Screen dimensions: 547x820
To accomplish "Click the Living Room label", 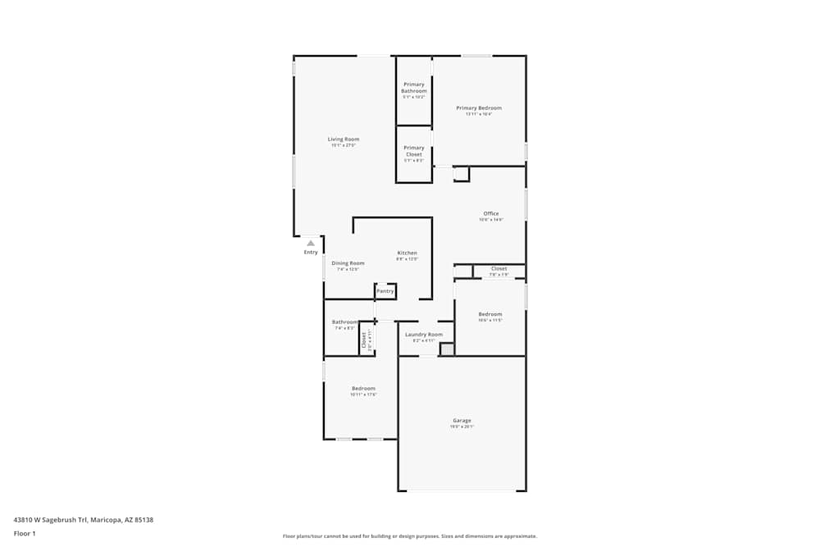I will pyautogui.click(x=344, y=139).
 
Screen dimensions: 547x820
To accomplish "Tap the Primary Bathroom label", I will pyautogui.click(x=414, y=88).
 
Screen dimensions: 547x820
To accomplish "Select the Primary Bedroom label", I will pyautogui.click(x=479, y=108).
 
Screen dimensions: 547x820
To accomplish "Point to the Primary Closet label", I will pyautogui.click(x=414, y=151).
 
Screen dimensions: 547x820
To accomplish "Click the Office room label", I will pyautogui.click(x=491, y=214).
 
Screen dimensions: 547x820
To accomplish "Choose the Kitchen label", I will pyautogui.click(x=408, y=253).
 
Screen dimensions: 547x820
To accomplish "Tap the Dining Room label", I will pyautogui.click(x=348, y=263).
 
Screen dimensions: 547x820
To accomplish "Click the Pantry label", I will pyautogui.click(x=385, y=291).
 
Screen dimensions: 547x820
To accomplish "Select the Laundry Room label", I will pyautogui.click(x=423, y=335).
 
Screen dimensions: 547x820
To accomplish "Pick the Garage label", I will pyautogui.click(x=462, y=421).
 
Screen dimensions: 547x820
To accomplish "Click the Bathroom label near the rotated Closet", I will pyautogui.click(x=344, y=322).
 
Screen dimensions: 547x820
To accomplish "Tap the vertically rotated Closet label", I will pyautogui.click(x=364, y=340).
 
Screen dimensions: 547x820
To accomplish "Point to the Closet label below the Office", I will pyautogui.click(x=499, y=269).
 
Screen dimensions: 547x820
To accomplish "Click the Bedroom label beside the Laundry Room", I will pyautogui.click(x=490, y=314).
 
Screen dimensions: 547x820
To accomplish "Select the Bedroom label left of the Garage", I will pyautogui.click(x=363, y=389).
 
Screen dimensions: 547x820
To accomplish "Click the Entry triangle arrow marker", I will pyautogui.click(x=311, y=243).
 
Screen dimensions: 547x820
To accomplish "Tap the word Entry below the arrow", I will pyautogui.click(x=311, y=253).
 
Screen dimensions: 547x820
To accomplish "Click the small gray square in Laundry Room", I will pyautogui.click(x=447, y=349).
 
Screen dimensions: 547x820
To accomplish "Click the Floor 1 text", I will pyautogui.click(x=25, y=533).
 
